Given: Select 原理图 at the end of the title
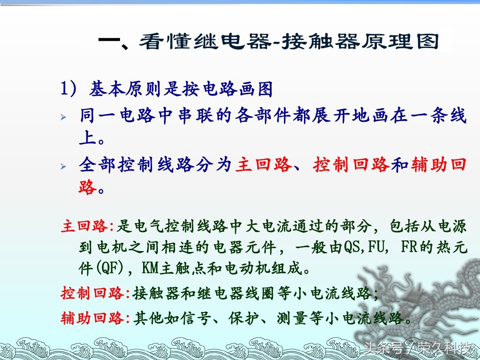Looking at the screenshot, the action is pyautogui.click(x=400, y=41).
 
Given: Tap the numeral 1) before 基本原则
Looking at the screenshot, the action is pyautogui.click(x=68, y=89).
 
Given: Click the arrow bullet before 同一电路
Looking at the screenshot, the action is pyautogui.click(x=63, y=117).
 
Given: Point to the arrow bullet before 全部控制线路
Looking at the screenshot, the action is pyautogui.click(x=63, y=167).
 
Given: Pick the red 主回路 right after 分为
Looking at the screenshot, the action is pyautogui.click(x=264, y=165).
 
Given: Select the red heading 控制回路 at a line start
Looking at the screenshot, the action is pyautogui.click(x=92, y=293).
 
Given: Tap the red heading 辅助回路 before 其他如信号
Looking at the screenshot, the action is pyautogui.click(x=92, y=318).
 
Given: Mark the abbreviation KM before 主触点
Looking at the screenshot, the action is pyautogui.click(x=150, y=268).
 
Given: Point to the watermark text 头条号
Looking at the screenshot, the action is pyautogui.click(x=383, y=348).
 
